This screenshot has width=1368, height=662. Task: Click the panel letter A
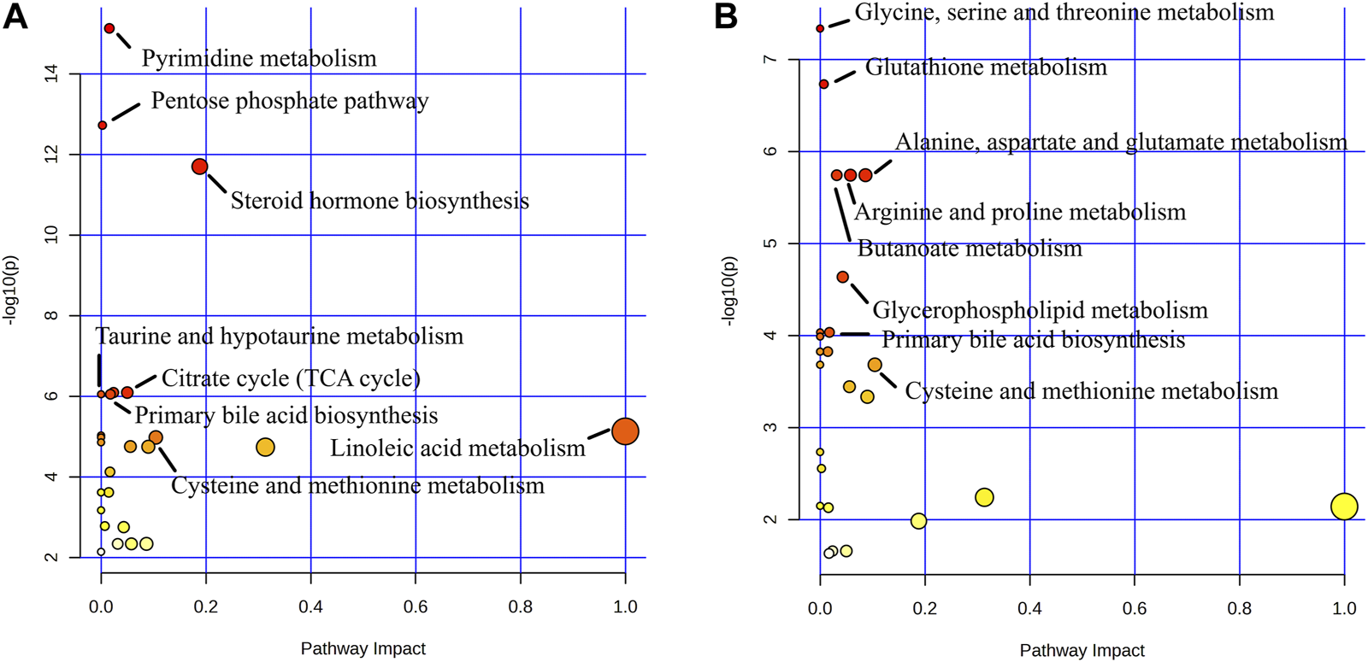15,16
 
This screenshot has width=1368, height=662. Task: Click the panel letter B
726,16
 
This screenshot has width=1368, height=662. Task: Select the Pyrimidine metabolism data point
109,28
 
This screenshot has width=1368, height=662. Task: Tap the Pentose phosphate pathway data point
103,126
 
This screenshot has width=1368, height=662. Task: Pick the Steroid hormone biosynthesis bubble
199,167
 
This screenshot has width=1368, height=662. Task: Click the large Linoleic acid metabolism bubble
625,431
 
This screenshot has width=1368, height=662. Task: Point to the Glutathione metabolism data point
823,85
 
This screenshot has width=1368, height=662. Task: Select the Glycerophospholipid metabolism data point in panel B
842,277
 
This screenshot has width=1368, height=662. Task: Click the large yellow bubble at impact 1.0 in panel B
1344,507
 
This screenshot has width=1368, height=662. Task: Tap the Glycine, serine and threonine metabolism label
1064,12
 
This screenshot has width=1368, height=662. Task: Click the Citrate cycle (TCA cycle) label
291,378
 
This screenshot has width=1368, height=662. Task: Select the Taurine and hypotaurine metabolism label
279,336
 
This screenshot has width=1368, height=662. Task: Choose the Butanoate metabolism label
970,249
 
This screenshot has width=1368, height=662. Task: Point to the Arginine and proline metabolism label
1020,212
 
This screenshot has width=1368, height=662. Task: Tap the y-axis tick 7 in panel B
770,59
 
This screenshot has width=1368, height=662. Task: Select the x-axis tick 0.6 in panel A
416,607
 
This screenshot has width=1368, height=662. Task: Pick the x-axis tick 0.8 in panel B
1239,608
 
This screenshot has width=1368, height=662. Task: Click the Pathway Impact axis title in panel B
1082,650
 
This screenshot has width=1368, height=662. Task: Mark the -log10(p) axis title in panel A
11,290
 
